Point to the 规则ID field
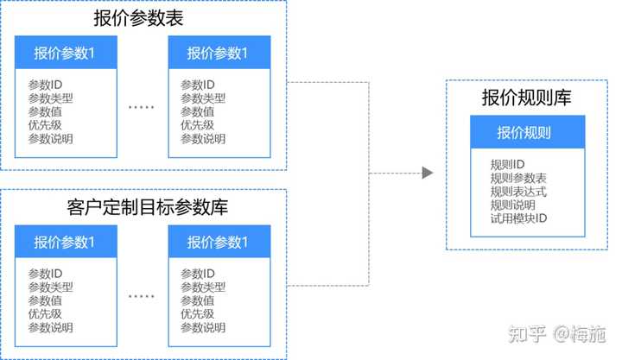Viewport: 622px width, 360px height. (507, 164)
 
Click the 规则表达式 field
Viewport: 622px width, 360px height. (518, 192)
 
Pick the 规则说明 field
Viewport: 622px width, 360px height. (512, 205)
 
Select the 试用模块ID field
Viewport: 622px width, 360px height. (518, 218)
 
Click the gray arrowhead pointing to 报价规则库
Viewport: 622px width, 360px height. (426, 173)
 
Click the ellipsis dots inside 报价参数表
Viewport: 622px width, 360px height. (142, 107)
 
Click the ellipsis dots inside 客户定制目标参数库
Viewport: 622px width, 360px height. (142, 296)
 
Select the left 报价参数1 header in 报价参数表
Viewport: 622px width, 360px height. (65, 53)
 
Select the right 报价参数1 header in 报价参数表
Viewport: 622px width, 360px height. (218, 53)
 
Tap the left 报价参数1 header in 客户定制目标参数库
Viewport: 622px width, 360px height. (65, 241)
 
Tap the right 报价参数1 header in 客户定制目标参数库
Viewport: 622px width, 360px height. (218, 241)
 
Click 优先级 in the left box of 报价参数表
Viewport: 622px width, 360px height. (44, 125)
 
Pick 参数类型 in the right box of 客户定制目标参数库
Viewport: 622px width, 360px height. (203, 287)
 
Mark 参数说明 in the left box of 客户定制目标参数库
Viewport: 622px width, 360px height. (50, 328)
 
